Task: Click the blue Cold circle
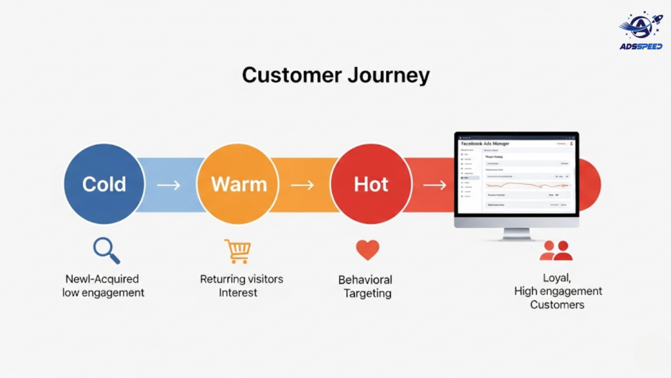click(104, 185)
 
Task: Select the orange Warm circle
click(238, 185)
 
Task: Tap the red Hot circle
click(371, 185)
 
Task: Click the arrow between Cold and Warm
click(168, 185)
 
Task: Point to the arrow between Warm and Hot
click(302, 185)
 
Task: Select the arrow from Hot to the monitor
click(434, 185)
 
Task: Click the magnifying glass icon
click(105, 250)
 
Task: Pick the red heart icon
click(368, 250)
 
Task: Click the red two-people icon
click(556, 250)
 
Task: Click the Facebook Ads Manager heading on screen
click(485, 143)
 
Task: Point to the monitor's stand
click(516, 233)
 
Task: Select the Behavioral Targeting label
click(366, 286)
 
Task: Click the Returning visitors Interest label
click(241, 286)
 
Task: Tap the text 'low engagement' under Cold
click(104, 293)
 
